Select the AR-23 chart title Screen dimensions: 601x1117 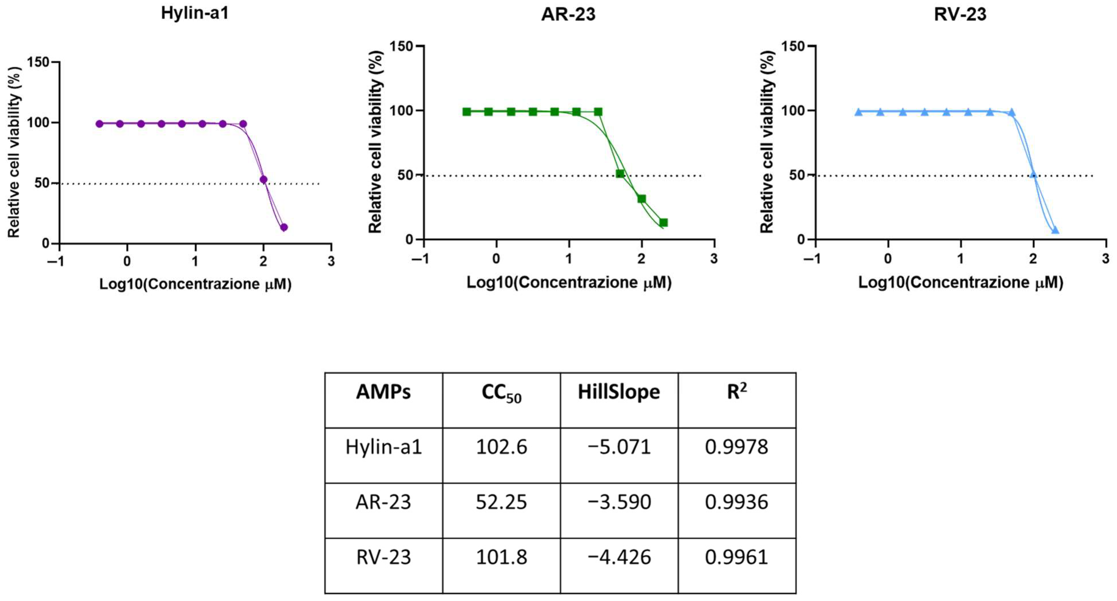click(568, 14)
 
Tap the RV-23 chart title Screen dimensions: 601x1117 click(960, 14)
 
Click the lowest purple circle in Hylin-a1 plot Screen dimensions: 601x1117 click(284, 227)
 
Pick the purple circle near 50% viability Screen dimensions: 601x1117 click(263, 179)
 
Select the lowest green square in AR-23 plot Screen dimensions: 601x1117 click(664, 223)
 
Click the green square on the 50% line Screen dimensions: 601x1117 click(620, 174)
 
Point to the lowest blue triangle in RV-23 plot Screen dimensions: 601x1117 click(1055, 230)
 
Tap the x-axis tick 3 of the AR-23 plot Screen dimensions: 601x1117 click(714, 259)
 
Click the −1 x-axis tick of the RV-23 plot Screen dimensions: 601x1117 click(811, 259)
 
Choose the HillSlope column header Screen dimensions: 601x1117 click(619, 392)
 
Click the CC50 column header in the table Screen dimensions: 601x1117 click(501, 393)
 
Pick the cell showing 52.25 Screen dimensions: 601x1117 click(501, 502)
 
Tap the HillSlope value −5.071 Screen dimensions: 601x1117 click(619, 447)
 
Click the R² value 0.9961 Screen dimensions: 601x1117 click(736, 557)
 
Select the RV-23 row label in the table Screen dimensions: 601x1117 click(383, 557)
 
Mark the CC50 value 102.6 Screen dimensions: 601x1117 click(501, 447)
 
